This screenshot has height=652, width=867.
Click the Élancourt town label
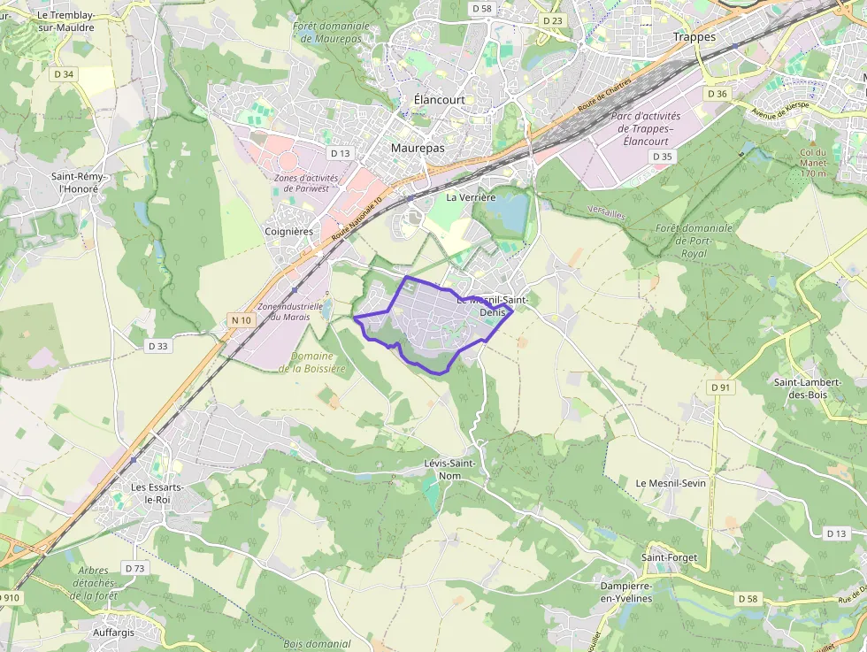click(439, 100)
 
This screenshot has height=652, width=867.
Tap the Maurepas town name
click(418, 149)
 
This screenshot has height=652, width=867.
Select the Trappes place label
click(694, 37)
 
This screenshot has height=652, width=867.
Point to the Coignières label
click(289, 232)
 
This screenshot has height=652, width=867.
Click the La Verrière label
click(471, 197)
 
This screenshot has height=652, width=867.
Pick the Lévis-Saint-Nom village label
click(450, 469)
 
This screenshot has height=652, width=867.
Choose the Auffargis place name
click(118, 633)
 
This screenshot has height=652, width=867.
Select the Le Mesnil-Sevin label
click(671, 483)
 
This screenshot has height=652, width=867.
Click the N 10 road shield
click(239, 319)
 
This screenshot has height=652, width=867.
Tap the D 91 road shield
click(719, 387)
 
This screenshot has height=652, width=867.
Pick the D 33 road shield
click(157, 346)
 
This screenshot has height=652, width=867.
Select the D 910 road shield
click(8, 597)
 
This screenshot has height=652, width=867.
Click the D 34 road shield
click(64, 74)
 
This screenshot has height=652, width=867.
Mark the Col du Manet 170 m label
click(812, 163)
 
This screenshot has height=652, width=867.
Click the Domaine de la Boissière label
click(313, 362)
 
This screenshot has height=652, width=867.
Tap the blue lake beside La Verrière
click(510, 212)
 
